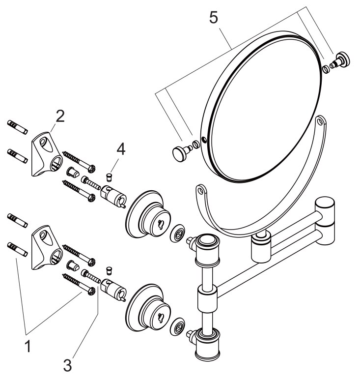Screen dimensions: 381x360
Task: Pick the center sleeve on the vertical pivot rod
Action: pyautogui.click(x=205, y=298)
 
